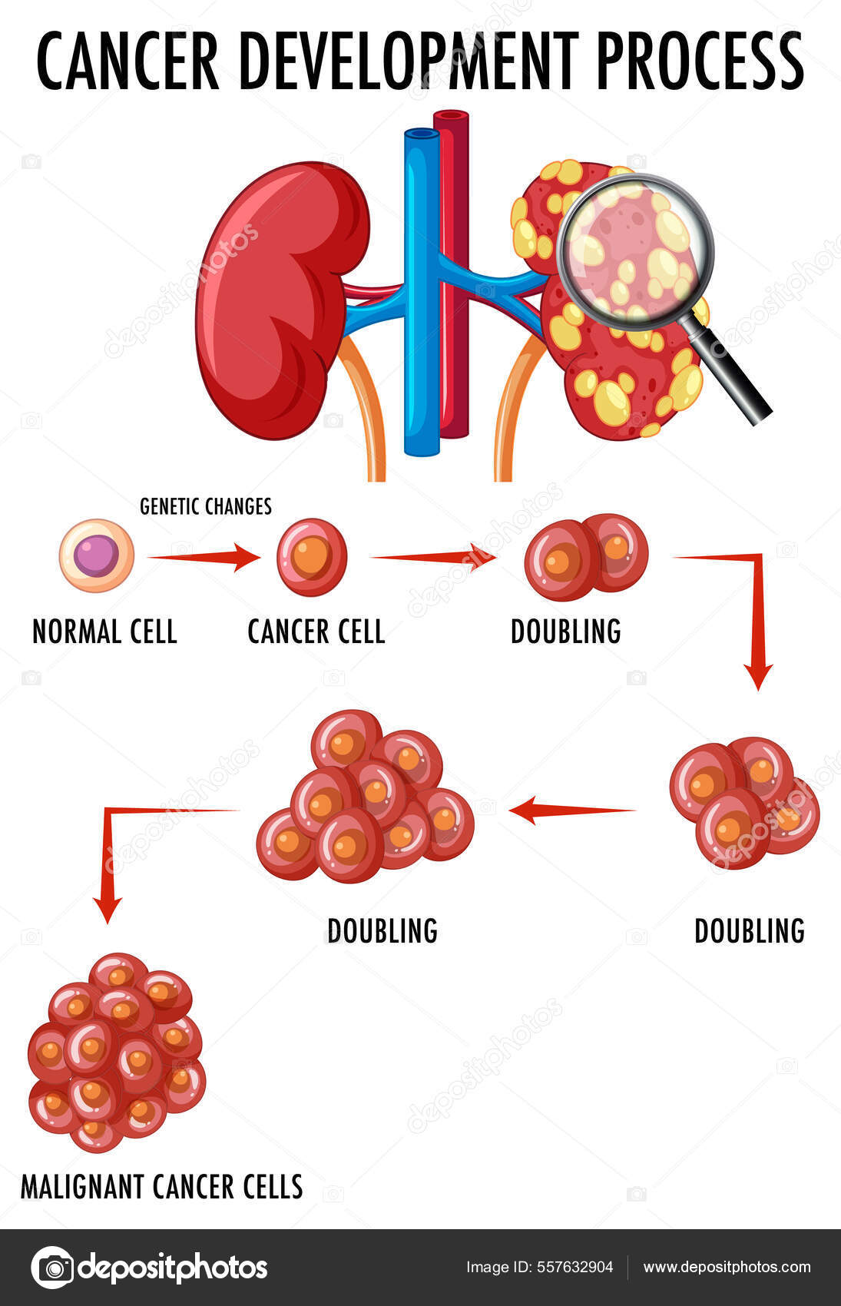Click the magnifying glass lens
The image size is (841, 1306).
tap(635, 250)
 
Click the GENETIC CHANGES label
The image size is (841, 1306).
tap(206, 506)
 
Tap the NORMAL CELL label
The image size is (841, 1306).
tap(104, 632)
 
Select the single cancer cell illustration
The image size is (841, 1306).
tap(312, 557)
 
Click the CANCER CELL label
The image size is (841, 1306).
tap(316, 632)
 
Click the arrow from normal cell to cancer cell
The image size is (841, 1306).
tap(204, 557)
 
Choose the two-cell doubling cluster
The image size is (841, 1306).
tap(586, 557)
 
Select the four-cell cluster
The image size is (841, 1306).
tap(743, 803)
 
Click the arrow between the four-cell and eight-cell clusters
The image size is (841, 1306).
tap(572, 810)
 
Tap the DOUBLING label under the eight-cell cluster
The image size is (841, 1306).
tap(382, 931)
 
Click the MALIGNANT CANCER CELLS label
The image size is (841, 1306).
tap(161, 1187)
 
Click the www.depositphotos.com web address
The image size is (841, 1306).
tap(727, 1267)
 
